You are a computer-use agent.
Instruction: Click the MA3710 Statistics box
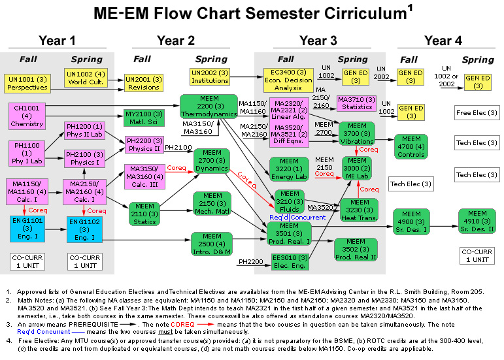pos(357,103)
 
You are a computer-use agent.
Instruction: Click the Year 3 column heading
pos(318,41)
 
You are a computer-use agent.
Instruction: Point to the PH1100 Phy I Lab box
pos(27,153)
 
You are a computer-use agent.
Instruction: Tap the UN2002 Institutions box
pos(210,76)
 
